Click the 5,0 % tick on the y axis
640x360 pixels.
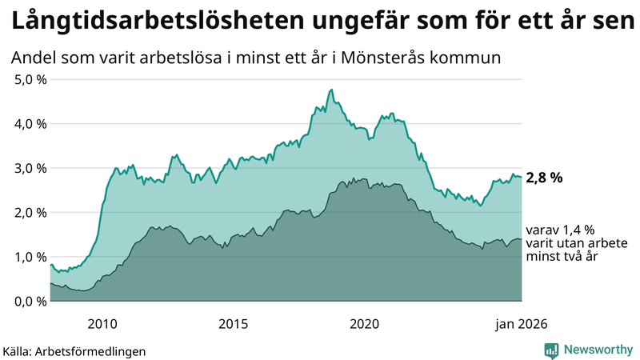pos(30,79)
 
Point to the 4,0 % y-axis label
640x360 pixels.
pos(30,124)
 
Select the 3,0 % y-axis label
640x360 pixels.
pos(30,168)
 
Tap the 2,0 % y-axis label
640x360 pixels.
pos(30,213)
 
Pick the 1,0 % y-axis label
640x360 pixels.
pos(30,257)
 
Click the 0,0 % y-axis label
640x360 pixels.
pos(30,302)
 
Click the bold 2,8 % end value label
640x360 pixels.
pos(544,178)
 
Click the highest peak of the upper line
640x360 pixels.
pos(331,90)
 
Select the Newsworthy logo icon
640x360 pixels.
pos(551,350)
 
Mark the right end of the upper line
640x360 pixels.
pos(522,177)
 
